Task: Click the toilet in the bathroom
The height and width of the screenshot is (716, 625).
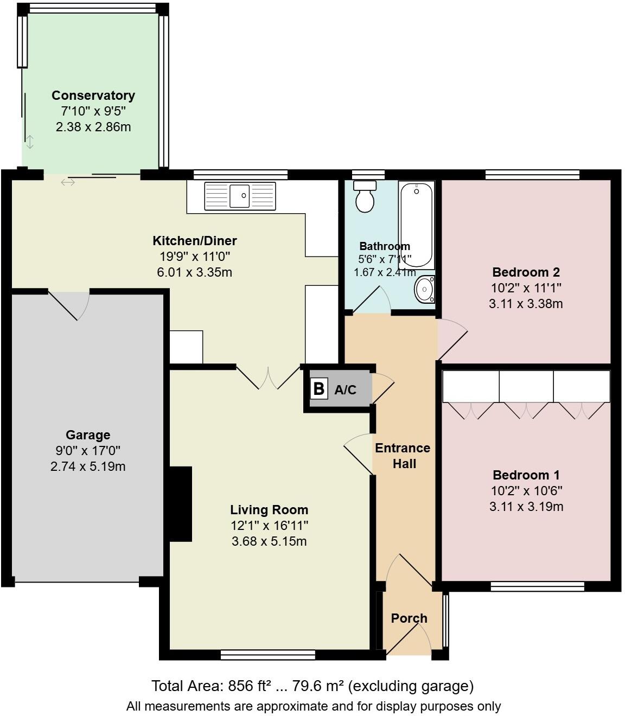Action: (x=365, y=196)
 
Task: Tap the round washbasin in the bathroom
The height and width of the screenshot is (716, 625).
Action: (x=424, y=289)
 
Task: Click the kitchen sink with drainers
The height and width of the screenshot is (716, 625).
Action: (x=240, y=196)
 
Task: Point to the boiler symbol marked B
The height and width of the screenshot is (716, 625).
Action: (x=319, y=389)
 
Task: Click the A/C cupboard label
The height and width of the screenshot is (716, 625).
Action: (x=346, y=389)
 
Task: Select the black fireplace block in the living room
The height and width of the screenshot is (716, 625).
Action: (x=181, y=504)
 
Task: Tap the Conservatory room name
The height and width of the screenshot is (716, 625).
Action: (x=93, y=95)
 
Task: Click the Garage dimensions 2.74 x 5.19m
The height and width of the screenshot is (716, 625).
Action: (x=88, y=466)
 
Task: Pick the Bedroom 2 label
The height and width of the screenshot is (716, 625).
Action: (x=526, y=272)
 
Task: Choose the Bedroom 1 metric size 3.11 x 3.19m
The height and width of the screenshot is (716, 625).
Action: (x=526, y=507)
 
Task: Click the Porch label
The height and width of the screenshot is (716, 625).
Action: (x=409, y=618)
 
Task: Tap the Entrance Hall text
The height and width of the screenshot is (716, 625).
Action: (x=403, y=456)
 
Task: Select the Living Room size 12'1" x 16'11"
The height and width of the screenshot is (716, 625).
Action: (x=269, y=525)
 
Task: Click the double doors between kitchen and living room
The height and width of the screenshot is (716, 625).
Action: (x=269, y=378)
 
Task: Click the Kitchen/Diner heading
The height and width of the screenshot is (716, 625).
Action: (x=194, y=241)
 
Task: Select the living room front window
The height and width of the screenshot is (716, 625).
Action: (x=268, y=655)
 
